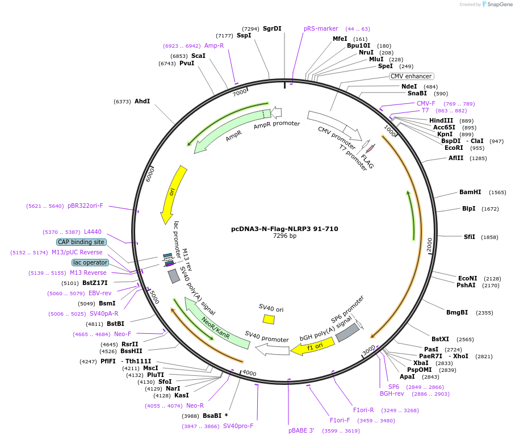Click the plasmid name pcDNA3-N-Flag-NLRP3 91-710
[x=284, y=229]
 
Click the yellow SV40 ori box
[x=269, y=320]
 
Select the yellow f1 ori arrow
[x=312, y=346]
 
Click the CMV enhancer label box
[x=411, y=76]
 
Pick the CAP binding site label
[x=81, y=242]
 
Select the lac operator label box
[x=90, y=262]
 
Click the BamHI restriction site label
[x=470, y=192]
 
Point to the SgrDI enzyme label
[x=272, y=28]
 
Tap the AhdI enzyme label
[x=142, y=101]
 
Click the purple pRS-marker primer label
[x=321, y=28]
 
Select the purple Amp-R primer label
[x=214, y=45]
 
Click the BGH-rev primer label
[x=392, y=393]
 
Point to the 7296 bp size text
[x=284, y=236]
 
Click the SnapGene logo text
[x=498, y=4]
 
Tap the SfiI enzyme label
[x=470, y=237]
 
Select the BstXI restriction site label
[x=440, y=339]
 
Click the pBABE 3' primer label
[x=301, y=430]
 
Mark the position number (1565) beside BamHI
[x=497, y=192]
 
